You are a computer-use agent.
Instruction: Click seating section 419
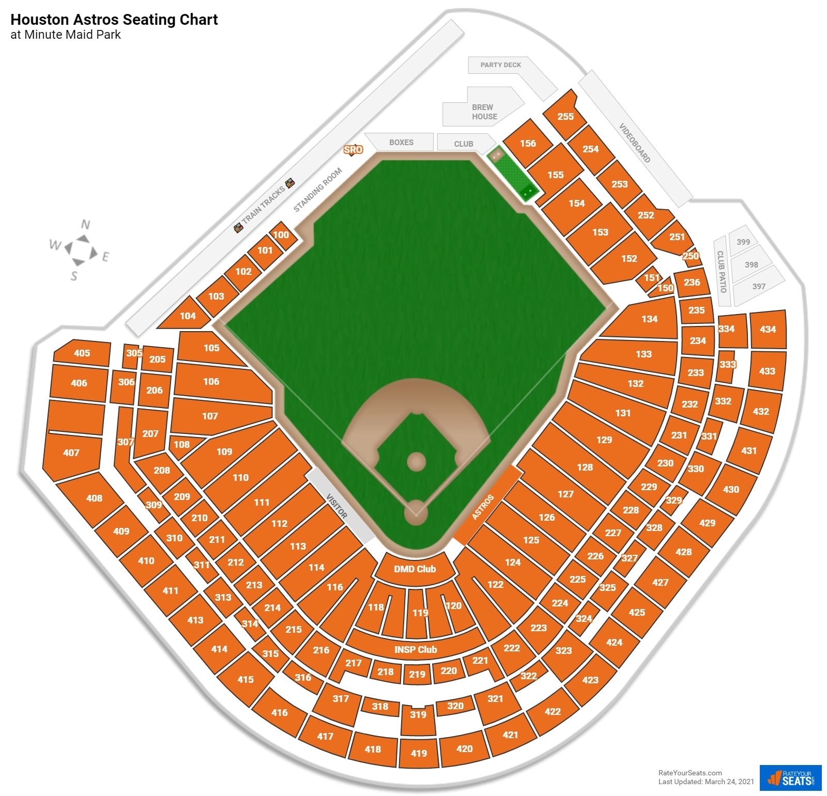click(419, 753)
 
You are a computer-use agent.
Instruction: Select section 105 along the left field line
click(211, 348)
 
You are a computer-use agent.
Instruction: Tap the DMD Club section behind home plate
click(415, 569)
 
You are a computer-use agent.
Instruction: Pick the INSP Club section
click(416, 649)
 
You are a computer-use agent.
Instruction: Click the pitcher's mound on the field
click(416, 461)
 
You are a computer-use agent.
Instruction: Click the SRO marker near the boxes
click(353, 150)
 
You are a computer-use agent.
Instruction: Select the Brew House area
click(484, 112)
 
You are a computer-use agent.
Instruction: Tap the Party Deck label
click(500, 65)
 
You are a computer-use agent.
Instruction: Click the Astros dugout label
click(483, 507)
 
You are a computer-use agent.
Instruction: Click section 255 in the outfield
click(565, 116)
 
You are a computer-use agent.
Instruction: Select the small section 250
click(691, 256)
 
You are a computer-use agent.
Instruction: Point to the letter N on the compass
click(86, 224)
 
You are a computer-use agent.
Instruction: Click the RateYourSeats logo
click(790, 777)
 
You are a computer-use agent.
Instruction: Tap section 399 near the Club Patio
click(743, 242)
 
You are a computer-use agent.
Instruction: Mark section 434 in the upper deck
click(768, 329)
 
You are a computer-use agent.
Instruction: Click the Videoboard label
click(635, 143)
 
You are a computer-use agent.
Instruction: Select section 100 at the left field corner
click(281, 235)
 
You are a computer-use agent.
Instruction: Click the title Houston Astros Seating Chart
click(114, 20)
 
